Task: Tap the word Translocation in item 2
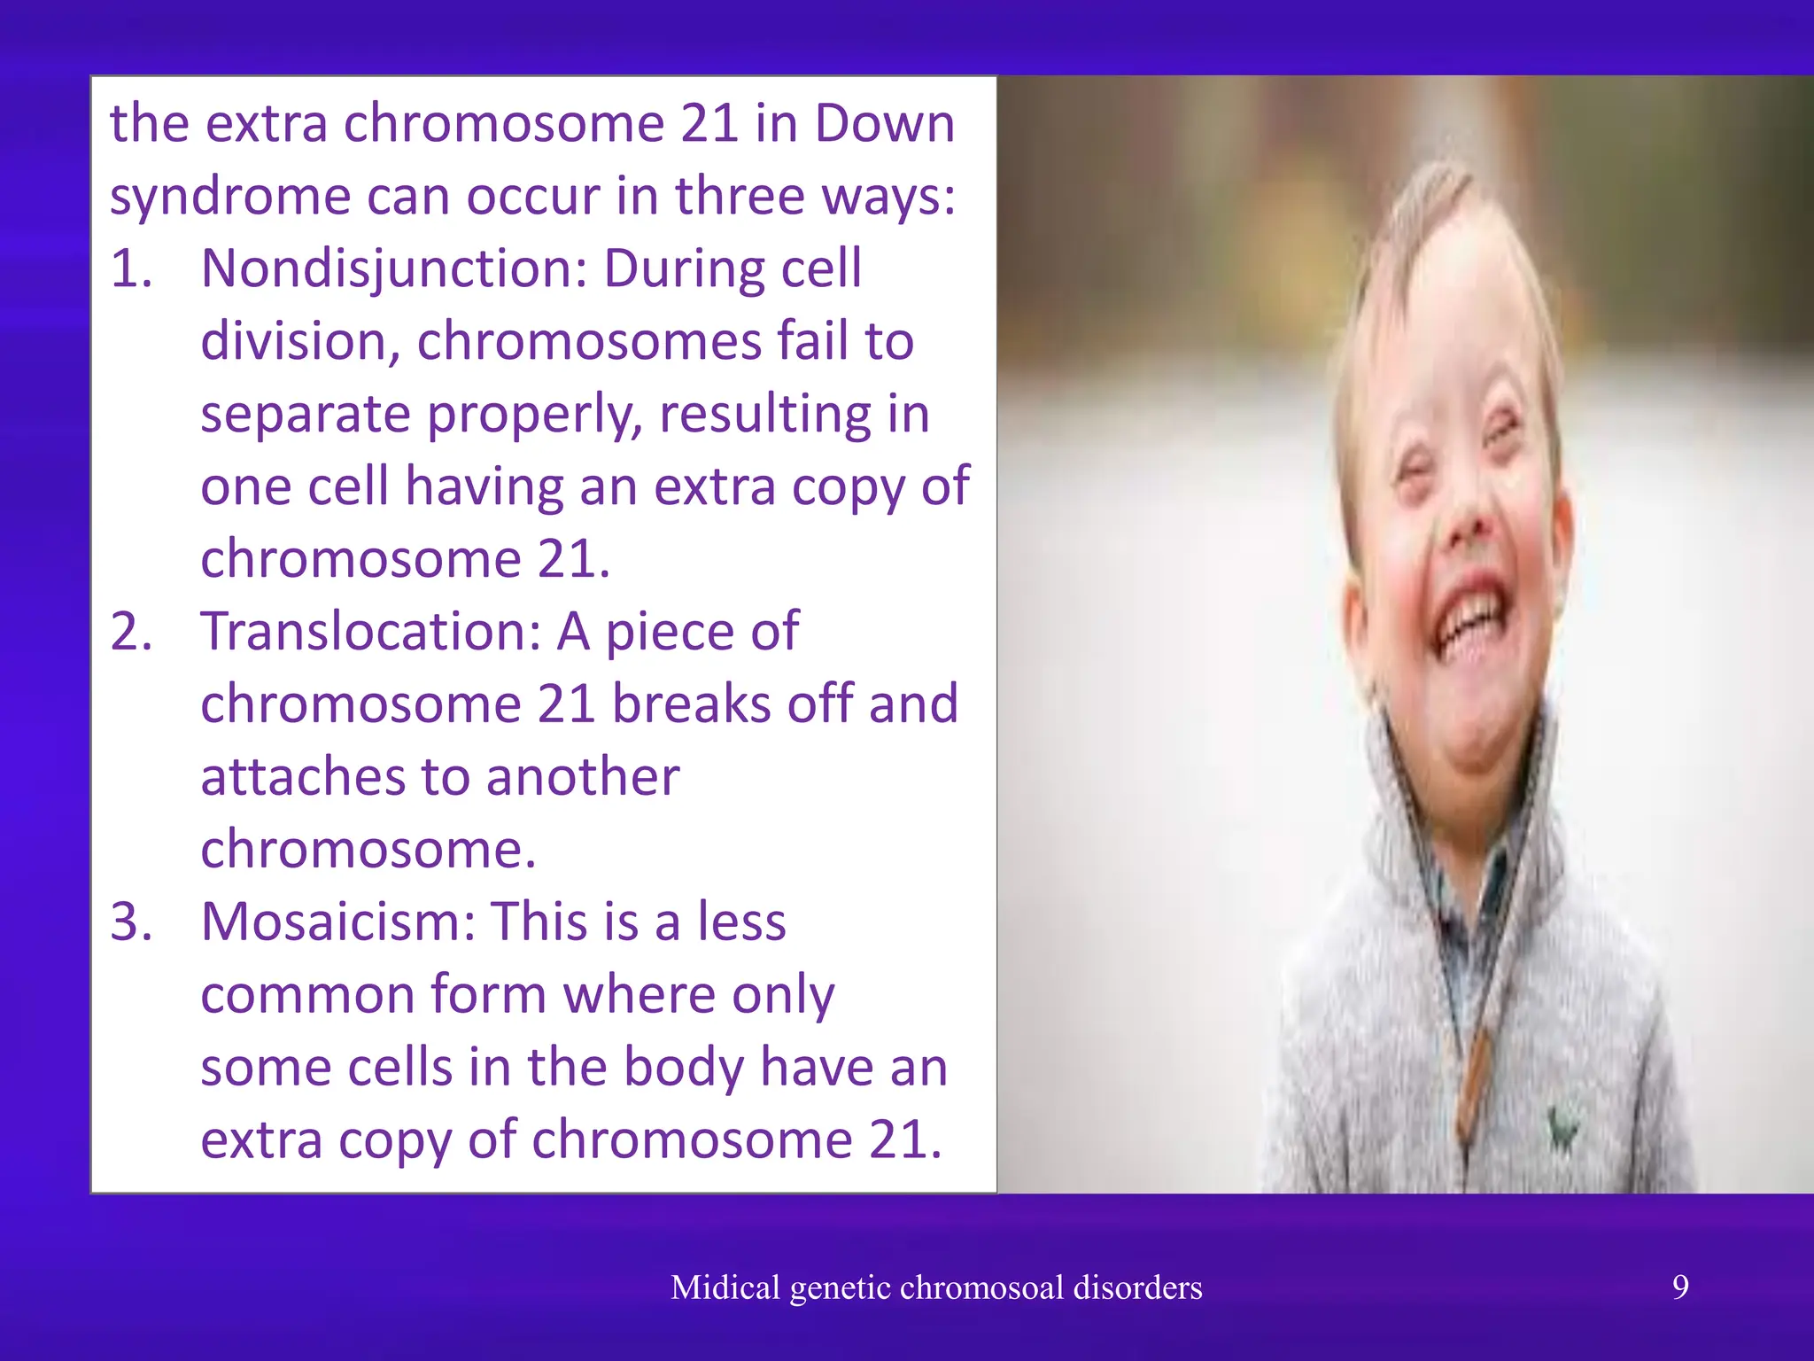(x=370, y=632)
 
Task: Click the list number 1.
(x=131, y=268)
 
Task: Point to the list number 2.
(x=131, y=632)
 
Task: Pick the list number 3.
(x=131, y=922)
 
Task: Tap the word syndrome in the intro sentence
(x=229, y=197)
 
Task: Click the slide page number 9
(x=1680, y=1286)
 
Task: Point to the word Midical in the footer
(x=725, y=1287)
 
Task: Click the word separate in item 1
(x=305, y=415)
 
